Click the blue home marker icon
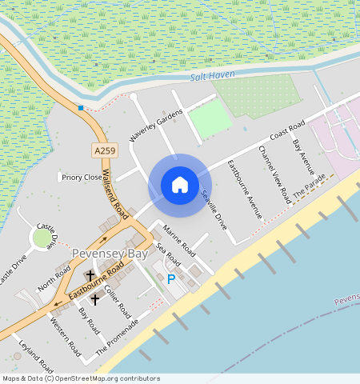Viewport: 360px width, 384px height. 180,185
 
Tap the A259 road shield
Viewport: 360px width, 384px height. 103,150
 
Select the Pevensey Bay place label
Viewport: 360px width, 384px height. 110,253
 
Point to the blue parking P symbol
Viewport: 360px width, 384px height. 170,279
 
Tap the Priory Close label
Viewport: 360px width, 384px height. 82,177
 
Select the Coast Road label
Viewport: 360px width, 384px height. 288,131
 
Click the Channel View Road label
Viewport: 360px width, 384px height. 274,174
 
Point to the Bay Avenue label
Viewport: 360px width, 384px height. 304,157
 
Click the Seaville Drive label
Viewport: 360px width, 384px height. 214,210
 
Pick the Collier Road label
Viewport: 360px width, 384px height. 118,298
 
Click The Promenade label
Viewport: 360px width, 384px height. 118,337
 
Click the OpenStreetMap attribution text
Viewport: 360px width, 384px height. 81,378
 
